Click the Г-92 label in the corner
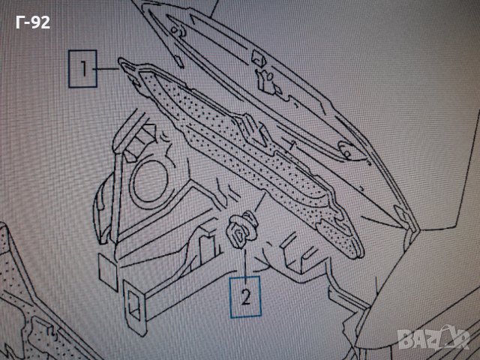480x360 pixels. pos(33,22)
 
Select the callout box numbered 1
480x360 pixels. pos(82,69)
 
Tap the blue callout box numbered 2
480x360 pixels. pos(245,296)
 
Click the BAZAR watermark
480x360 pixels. pos(433,337)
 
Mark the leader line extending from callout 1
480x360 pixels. pos(108,69)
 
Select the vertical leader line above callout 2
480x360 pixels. pos(245,262)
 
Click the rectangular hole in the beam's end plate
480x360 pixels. pos(133,304)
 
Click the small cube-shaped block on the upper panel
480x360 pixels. pos(258,58)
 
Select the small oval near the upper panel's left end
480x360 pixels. pos(174,30)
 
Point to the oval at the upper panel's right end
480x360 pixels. pos(345,150)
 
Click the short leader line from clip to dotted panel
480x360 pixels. pos(259,202)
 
